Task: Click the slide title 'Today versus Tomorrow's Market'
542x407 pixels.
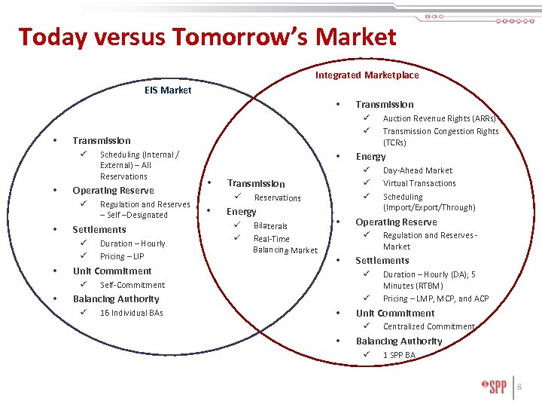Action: [x=207, y=37]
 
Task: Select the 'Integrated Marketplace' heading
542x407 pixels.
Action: [x=367, y=75]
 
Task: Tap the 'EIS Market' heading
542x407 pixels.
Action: [x=168, y=90]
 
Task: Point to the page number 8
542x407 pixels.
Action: [x=519, y=387]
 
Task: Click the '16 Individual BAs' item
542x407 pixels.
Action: [x=131, y=313]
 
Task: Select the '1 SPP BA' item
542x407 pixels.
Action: [x=398, y=355]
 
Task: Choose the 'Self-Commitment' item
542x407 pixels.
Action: [x=132, y=285]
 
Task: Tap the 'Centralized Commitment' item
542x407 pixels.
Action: [x=428, y=327]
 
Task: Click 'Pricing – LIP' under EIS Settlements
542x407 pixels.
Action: [x=122, y=257]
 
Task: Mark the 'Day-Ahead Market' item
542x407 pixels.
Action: [x=417, y=170]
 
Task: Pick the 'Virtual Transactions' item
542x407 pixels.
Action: [x=419, y=183]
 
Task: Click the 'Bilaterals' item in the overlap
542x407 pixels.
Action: [x=270, y=226]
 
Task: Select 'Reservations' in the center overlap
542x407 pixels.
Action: [x=277, y=198]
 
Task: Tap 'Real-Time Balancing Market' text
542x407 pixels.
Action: [x=285, y=244]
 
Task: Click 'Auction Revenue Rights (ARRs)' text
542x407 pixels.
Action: [x=439, y=118]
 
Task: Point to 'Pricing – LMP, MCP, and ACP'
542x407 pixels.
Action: [x=435, y=299]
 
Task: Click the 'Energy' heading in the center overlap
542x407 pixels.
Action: [x=242, y=212]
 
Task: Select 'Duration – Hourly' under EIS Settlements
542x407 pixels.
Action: [x=132, y=243]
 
